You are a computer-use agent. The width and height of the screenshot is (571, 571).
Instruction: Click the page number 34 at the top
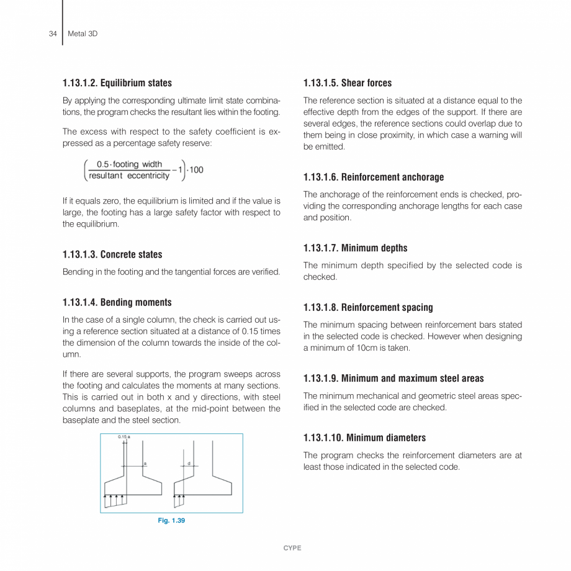(52, 34)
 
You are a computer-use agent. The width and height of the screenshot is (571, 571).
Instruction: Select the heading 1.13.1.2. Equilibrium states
(117, 83)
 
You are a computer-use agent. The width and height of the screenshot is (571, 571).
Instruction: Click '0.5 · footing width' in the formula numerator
(130, 164)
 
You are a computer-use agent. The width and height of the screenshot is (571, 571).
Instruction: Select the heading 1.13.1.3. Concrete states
(112, 254)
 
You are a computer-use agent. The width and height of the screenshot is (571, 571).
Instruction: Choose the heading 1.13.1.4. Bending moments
(117, 302)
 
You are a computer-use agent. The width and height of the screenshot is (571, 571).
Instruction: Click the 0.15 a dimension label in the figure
(124, 438)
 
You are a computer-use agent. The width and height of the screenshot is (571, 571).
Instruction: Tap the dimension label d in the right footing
(189, 463)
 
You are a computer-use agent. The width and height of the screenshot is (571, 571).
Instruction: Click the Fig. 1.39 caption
(171, 521)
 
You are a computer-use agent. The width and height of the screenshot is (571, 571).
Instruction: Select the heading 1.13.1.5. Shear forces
(348, 83)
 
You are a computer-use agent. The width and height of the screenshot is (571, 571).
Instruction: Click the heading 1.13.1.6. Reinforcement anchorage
(374, 177)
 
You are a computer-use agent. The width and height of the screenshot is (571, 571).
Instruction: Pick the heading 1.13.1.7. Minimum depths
(356, 248)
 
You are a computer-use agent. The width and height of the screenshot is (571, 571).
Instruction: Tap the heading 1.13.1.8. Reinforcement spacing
(368, 307)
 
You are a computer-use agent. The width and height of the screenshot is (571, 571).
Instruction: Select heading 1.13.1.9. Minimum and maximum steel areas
(393, 378)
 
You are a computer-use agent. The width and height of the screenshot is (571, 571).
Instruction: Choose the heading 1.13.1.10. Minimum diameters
(364, 438)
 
